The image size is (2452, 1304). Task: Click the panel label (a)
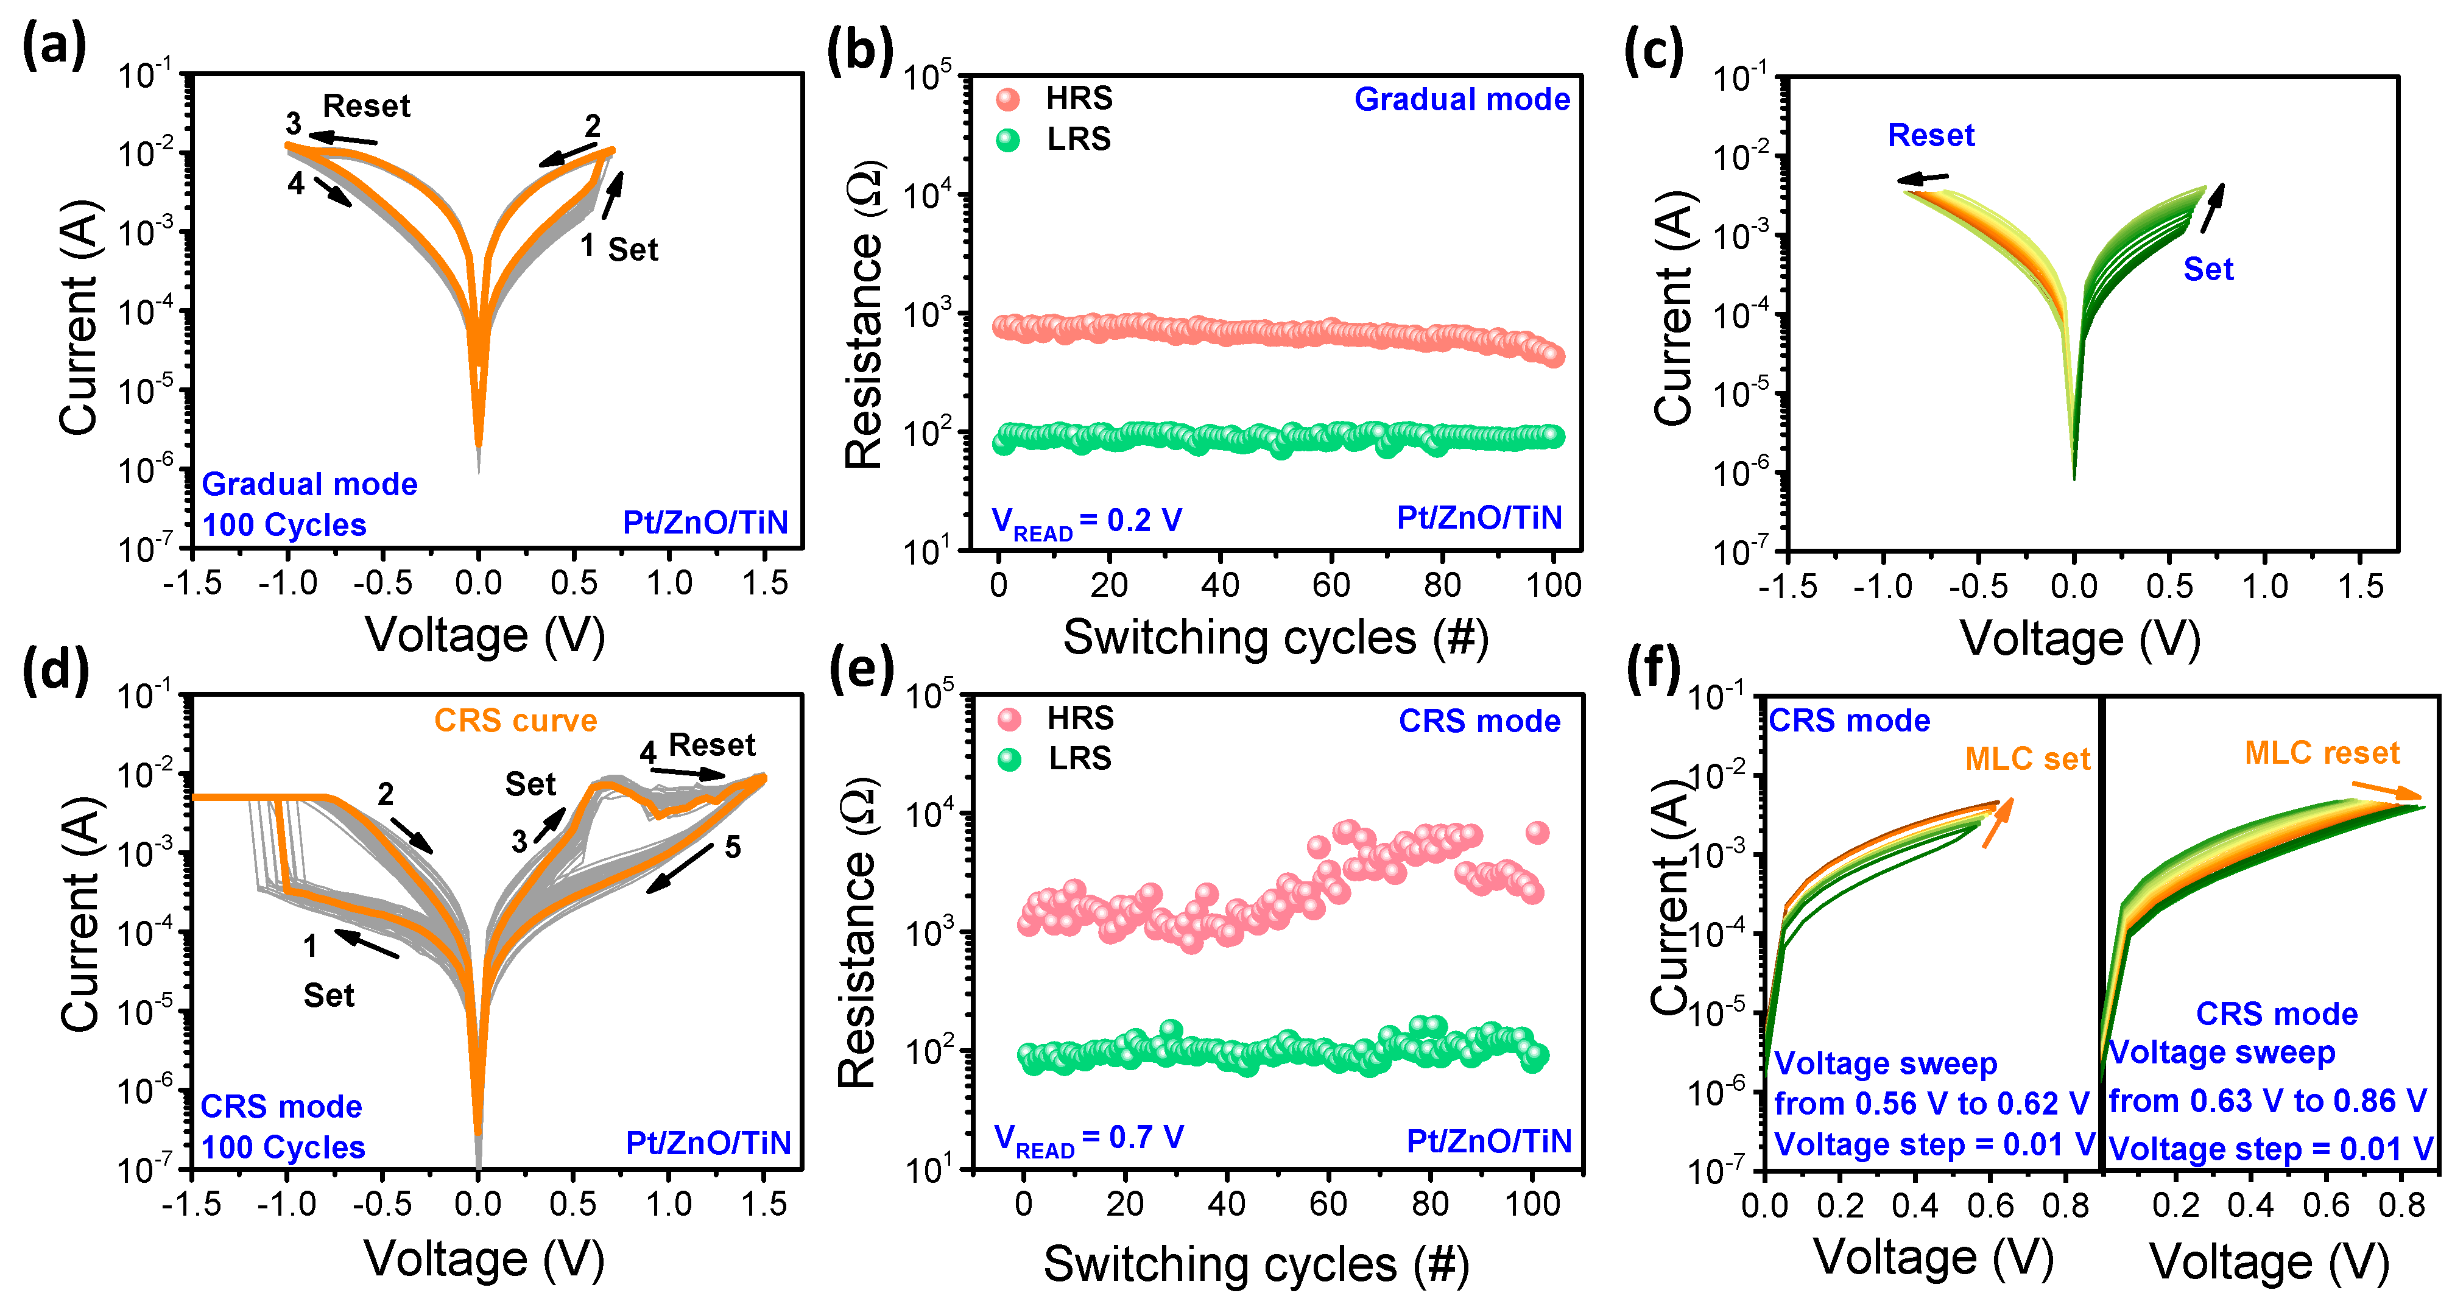[54, 46]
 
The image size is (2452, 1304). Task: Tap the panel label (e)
[861, 669]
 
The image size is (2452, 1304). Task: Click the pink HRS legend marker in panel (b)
[1007, 99]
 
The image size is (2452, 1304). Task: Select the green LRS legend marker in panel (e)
[1009, 759]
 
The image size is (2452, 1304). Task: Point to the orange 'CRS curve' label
[515, 721]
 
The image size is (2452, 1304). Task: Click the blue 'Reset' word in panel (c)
[1931, 135]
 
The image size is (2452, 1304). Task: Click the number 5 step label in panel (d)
[732, 847]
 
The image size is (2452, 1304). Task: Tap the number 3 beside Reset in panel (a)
[293, 124]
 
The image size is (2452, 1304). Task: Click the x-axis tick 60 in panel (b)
[1331, 585]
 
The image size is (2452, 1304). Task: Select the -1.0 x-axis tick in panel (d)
[286, 1204]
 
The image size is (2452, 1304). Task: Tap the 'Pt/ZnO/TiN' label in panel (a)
[705, 523]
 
